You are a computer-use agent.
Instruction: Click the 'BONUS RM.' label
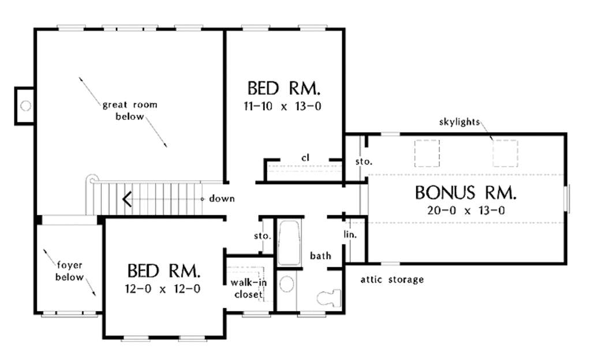(466, 193)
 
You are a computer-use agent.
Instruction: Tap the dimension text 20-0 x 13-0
(466, 211)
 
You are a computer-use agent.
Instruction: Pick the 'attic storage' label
(392, 280)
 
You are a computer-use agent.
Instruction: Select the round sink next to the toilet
(286, 283)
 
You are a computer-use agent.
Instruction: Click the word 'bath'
(320, 255)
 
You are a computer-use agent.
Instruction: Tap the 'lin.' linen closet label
(350, 235)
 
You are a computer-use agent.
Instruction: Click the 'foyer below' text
(69, 271)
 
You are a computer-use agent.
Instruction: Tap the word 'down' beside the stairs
(222, 198)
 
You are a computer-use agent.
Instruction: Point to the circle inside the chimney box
(25, 106)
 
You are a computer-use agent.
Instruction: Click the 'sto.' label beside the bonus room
(364, 162)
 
